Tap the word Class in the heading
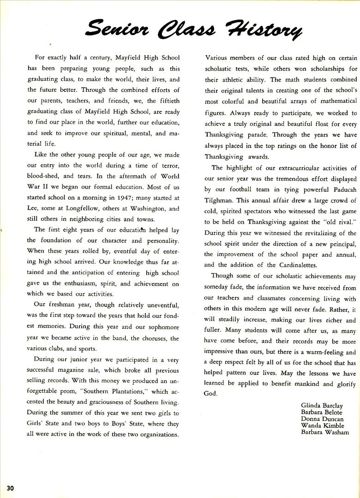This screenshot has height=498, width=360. pos(191,30)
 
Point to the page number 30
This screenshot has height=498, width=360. pos(10,488)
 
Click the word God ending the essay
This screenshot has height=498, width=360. pos(210,393)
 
